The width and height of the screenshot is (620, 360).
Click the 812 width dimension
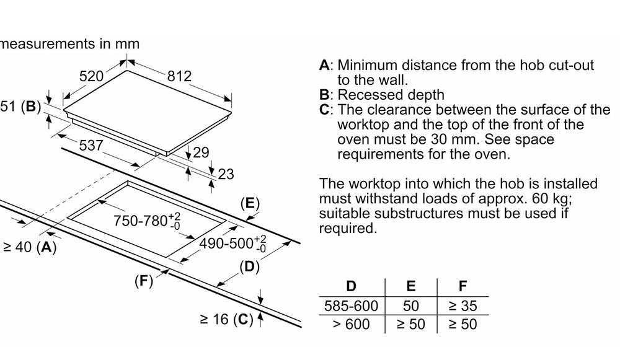point(180,76)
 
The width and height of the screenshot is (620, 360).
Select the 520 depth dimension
point(91,76)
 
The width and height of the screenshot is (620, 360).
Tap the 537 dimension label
point(91,146)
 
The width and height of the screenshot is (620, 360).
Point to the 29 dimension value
point(201,152)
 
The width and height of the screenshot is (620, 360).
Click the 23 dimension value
point(226,174)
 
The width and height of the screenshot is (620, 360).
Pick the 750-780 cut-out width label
point(147,221)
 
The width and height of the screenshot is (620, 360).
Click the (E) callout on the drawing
point(250,204)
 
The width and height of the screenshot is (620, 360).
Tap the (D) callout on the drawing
point(249,267)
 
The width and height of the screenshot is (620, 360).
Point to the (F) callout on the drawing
point(144,281)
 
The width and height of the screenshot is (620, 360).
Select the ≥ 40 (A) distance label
point(29,247)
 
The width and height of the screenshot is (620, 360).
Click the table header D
point(351,286)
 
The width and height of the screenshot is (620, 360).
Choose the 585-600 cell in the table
point(351,305)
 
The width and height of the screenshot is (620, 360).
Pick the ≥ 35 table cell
point(463,305)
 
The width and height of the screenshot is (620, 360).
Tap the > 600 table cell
point(351,324)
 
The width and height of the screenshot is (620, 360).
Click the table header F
point(463,286)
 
